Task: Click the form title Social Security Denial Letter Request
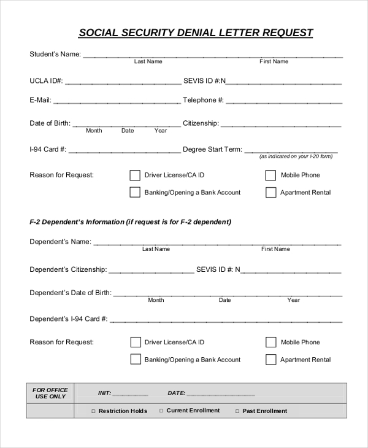point(196,33)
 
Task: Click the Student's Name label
point(55,54)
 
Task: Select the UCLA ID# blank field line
point(122,82)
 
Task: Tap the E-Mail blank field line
point(117,101)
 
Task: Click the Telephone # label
point(203,100)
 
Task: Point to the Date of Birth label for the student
point(50,123)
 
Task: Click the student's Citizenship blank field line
point(280,125)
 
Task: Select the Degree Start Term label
point(212,149)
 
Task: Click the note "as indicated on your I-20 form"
point(296,156)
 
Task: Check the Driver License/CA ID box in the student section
point(135,176)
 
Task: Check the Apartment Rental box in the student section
point(270,193)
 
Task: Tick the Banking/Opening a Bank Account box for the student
point(135,193)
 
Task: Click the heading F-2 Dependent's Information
point(130,222)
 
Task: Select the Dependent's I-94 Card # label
point(69,319)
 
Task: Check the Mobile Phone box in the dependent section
point(270,342)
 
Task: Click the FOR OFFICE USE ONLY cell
point(50,393)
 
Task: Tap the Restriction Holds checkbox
point(93,411)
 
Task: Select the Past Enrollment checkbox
point(237,411)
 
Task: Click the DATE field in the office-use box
point(220,394)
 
